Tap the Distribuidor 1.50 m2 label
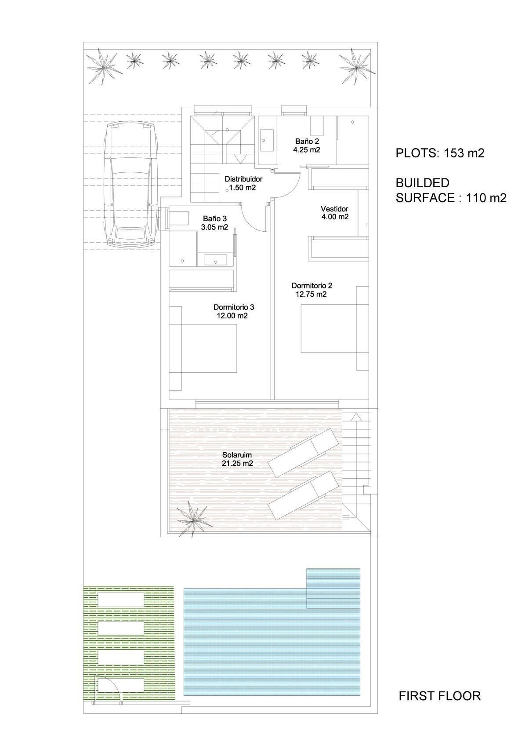click(x=243, y=183)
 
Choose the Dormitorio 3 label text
click(x=233, y=307)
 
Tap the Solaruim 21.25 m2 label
click(x=237, y=459)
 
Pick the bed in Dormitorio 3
click(x=203, y=348)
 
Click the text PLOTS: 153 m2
click(x=440, y=153)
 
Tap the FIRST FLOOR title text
click(x=439, y=696)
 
